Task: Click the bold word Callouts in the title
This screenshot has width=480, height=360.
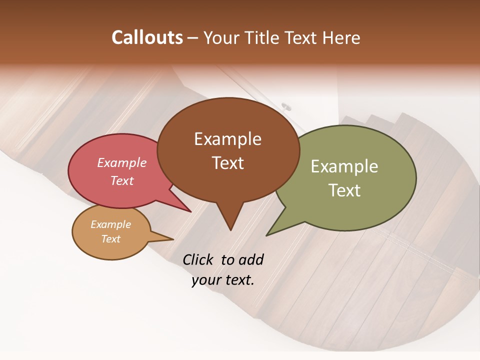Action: (x=147, y=37)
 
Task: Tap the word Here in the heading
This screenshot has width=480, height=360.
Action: (x=342, y=38)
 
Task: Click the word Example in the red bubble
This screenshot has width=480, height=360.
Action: (x=122, y=162)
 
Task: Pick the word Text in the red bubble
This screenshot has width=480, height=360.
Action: (x=122, y=180)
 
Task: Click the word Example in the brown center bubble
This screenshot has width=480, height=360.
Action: (x=227, y=139)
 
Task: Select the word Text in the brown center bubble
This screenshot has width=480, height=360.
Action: (x=228, y=163)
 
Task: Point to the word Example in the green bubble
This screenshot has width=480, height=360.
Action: (x=344, y=166)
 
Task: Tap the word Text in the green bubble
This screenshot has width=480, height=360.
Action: (x=344, y=190)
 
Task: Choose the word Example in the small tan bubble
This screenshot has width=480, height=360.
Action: (x=111, y=224)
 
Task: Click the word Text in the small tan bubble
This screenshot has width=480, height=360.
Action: (x=111, y=239)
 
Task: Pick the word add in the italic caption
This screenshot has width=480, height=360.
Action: (x=250, y=259)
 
